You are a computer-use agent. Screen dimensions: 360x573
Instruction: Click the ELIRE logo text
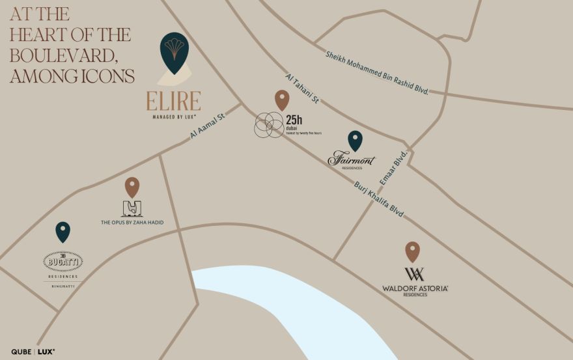point(173,102)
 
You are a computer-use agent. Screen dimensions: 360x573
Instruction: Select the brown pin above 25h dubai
point(282,100)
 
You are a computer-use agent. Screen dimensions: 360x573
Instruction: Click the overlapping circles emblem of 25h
point(268,124)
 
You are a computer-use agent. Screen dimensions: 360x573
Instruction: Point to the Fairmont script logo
point(352,158)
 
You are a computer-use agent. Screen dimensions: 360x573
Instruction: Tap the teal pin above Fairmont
point(355,140)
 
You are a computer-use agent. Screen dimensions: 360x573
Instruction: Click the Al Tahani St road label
point(301,89)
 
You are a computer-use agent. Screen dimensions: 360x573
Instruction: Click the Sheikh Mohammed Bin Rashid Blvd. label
point(377,72)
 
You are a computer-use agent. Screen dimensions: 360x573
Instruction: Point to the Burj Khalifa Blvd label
point(379,199)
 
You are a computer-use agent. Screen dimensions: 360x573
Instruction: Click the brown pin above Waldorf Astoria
point(412,251)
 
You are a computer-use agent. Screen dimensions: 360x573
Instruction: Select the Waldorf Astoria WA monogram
point(414,274)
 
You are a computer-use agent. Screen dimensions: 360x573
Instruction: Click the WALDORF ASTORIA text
point(415,288)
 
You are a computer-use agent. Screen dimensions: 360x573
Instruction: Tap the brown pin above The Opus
point(132,186)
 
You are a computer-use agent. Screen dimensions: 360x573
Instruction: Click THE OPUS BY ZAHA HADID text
point(132,223)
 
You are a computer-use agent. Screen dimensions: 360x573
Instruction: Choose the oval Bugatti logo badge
point(63,262)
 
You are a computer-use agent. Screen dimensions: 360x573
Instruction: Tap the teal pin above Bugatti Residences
point(63,231)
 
